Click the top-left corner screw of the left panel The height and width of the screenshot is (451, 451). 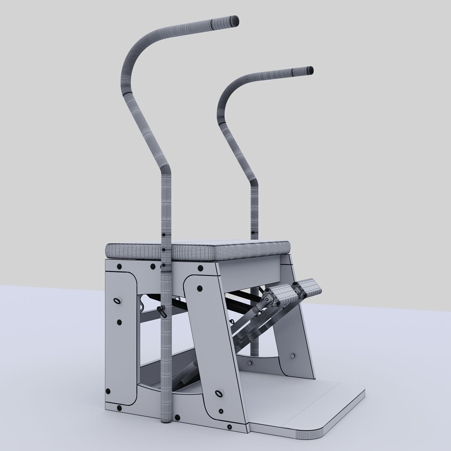click(x=119, y=266)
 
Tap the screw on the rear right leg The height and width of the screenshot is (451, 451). click(x=293, y=356)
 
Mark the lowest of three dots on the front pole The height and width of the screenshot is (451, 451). click(x=164, y=265)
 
